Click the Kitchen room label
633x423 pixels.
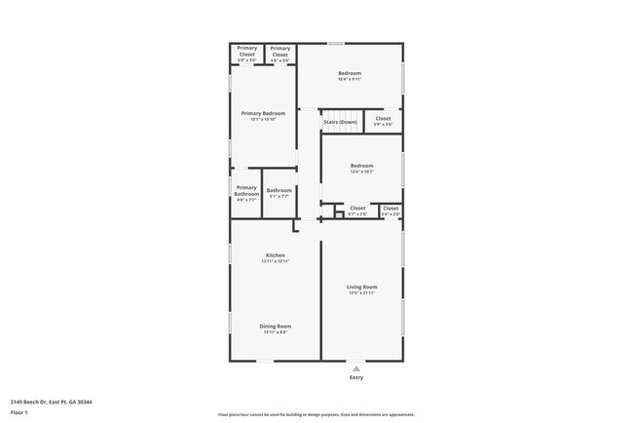click(x=275, y=255)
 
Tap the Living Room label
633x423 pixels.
click(x=362, y=287)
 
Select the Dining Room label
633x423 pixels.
click(x=275, y=326)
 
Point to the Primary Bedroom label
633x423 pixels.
click(x=263, y=113)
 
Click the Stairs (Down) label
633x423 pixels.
click(x=340, y=122)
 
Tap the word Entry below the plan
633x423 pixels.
click(x=356, y=377)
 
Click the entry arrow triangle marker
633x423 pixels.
click(x=356, y=367)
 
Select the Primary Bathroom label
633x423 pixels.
click(x=246, y=191)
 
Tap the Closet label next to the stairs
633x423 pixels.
click(x=383, y=119)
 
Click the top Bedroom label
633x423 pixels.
click(x=350, y=73)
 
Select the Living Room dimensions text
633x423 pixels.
click(x=362, y=293)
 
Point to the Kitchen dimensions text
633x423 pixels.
click(x=275, y=262)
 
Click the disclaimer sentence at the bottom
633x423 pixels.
click(x=316, y=414)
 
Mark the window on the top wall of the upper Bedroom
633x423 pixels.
click(x=335, y=43)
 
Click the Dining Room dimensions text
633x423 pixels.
click(x=275, y=332)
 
